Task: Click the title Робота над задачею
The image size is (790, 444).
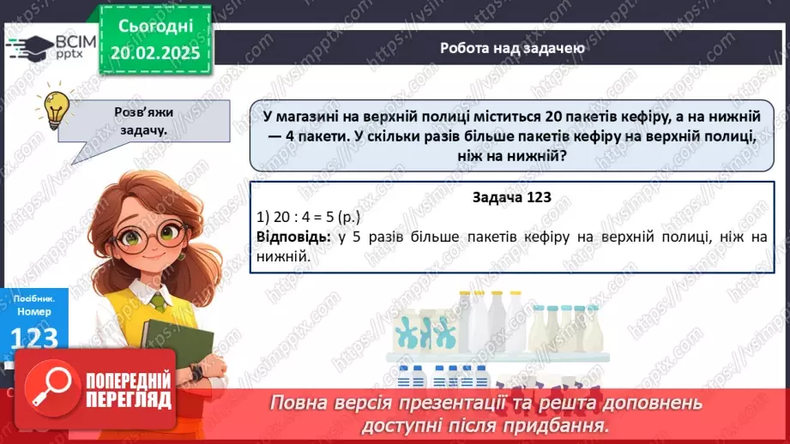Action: pyautogui.click(x=512, y=48)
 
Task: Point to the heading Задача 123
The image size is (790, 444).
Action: pyautogui.click(x=511, y=197)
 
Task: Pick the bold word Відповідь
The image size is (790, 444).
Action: pyautogui.click(x=292, y=237)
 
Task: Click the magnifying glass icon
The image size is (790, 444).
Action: pyautogui.click(x=50, y=386)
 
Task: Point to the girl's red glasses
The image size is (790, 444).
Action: pyautogui.click(x=149, y=234)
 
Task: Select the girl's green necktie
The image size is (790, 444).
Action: pyautogui.click(x=158, y=302)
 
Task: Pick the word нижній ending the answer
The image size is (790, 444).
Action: pyautogui.click(x=282, y=255)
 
